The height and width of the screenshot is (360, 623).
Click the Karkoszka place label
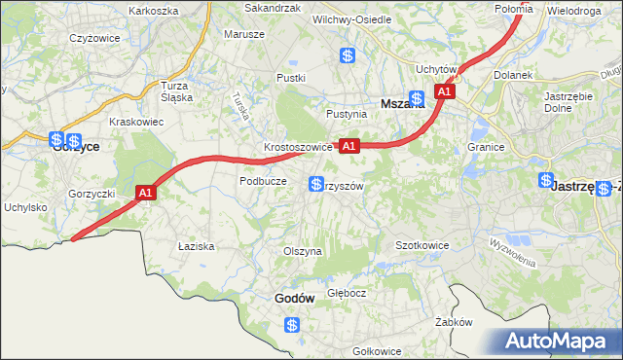154,10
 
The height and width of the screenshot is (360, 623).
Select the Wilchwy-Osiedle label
351,18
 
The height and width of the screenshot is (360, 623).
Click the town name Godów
294,299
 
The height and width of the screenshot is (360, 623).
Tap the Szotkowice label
421,245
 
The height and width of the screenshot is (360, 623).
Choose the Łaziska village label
196,246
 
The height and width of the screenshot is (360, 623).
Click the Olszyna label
302,251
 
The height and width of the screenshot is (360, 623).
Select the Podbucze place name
263,181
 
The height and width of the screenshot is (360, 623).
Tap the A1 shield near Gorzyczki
145,194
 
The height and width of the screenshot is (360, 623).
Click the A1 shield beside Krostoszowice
350,146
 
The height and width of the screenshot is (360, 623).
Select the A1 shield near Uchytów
445,91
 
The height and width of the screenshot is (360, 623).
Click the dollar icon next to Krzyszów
316,184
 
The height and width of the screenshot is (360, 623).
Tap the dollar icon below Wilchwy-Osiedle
348,55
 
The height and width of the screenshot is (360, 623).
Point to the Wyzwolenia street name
512,256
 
